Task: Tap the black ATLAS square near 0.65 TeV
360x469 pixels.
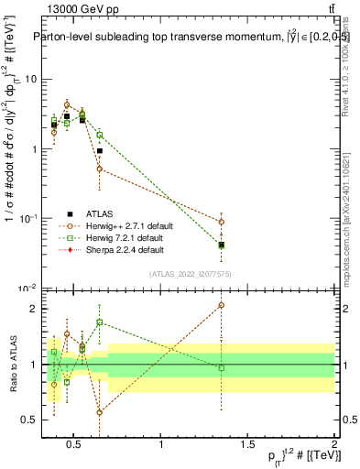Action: (x=99, y=151)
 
